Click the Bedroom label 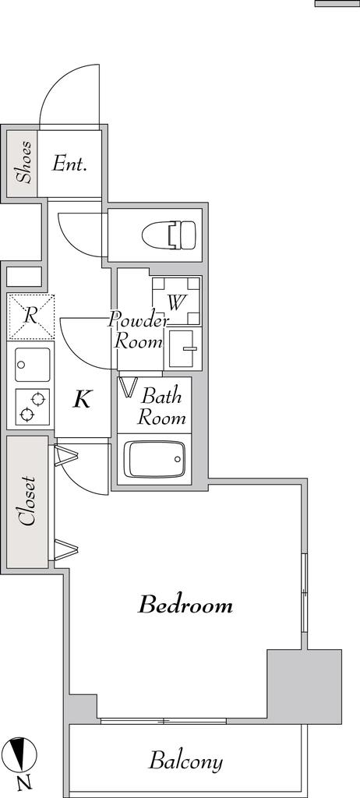(186, 605)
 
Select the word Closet (26, 501)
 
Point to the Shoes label (24, 162)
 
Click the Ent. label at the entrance (70, 164)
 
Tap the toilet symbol (169, 235)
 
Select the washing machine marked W (177, 302)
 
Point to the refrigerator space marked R (30, 316)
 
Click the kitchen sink (33, 365)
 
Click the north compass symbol (22, 754)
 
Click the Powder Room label (139, 330)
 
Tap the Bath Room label (161, 407)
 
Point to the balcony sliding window (164, 721)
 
